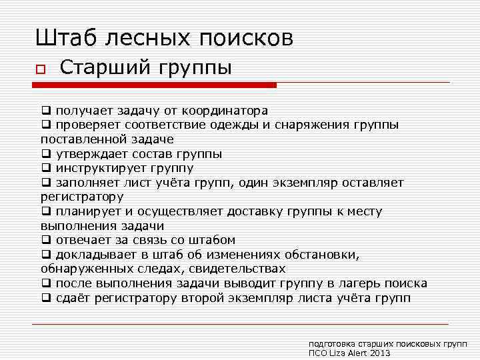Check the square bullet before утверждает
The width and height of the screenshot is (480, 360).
[45, 154]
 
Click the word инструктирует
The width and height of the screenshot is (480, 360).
[99, 168]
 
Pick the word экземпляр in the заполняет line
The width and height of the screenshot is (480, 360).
[323, 183]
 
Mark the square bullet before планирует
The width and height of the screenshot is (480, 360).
[45, 212]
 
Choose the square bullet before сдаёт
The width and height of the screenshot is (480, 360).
[45, 299]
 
